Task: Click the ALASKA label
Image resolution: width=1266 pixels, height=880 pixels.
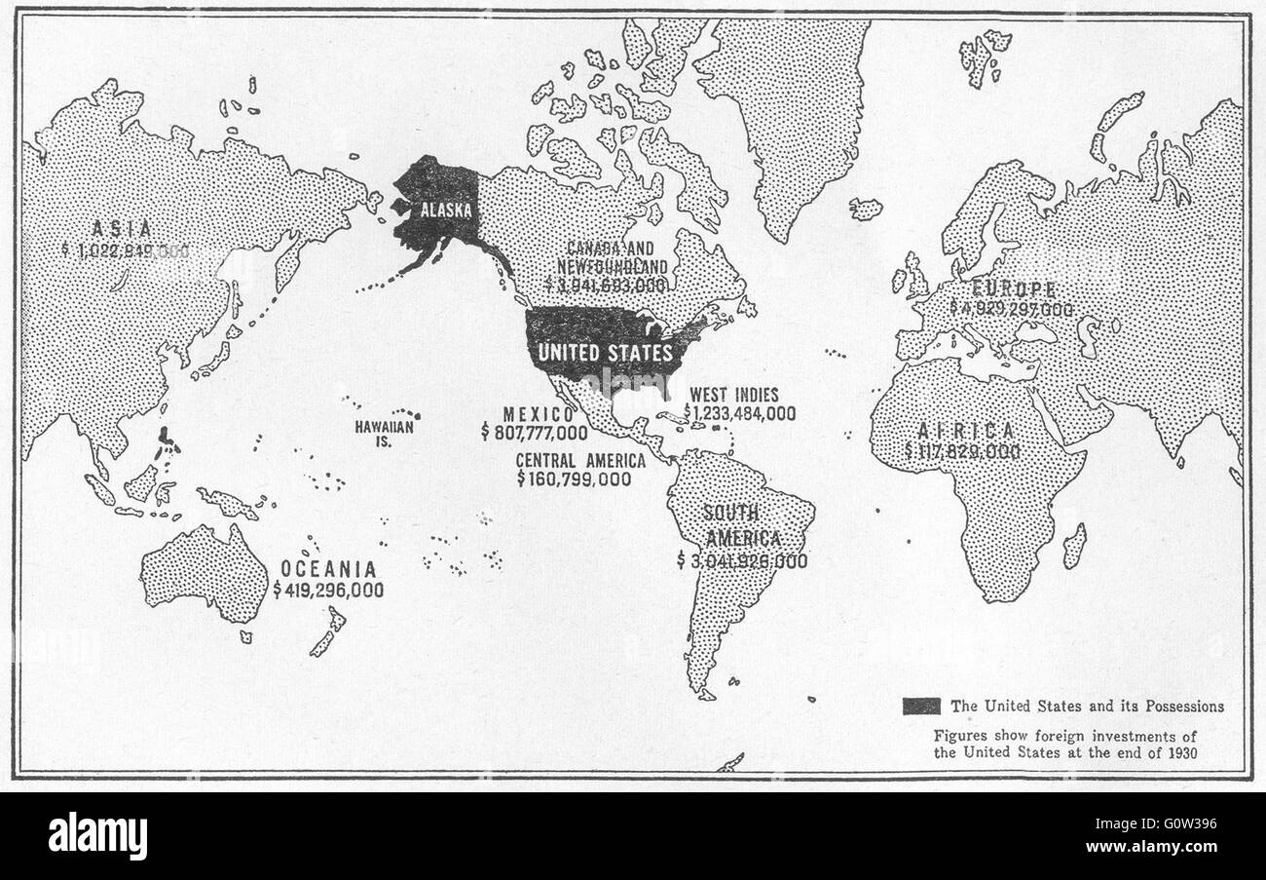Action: coord(445,210)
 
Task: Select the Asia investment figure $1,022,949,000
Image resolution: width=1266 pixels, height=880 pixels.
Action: coord(125,250)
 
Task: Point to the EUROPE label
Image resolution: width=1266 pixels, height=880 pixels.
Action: coord(1015,288)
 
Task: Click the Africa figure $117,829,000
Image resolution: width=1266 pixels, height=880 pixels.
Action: coord(962,451)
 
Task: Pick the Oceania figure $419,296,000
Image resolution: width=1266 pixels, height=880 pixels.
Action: coord(328,590)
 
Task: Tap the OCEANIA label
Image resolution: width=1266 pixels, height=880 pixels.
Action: coord(328,568)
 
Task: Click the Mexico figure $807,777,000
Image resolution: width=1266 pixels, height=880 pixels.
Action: coord(534,433)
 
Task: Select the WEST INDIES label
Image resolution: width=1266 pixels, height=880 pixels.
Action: coord(733,395)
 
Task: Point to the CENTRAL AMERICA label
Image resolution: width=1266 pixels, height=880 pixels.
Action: coord(580,460)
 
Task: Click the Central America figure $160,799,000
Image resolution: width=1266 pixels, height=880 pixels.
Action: coord(575,479)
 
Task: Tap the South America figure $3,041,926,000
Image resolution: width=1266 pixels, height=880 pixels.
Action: coord(742,560)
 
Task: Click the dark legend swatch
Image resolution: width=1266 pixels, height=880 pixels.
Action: coord(921,707)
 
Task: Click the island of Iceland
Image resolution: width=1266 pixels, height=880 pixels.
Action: coord(865,209)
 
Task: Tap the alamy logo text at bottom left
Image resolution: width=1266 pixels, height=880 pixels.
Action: coord(98,835)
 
